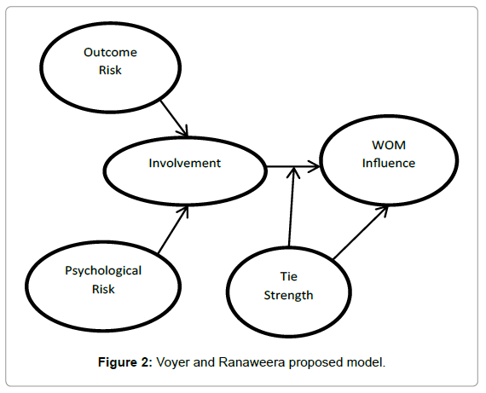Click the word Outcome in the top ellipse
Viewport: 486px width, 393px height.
click(110, 53)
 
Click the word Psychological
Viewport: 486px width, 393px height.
click(103, 271)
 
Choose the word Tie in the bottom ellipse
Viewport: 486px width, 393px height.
click(289, 278)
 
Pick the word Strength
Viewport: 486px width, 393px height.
click(289, 296)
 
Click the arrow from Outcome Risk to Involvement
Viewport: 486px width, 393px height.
click(171, 115)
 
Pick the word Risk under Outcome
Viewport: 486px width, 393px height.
click(110, 70)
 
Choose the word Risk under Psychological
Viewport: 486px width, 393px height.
click(103, 288)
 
